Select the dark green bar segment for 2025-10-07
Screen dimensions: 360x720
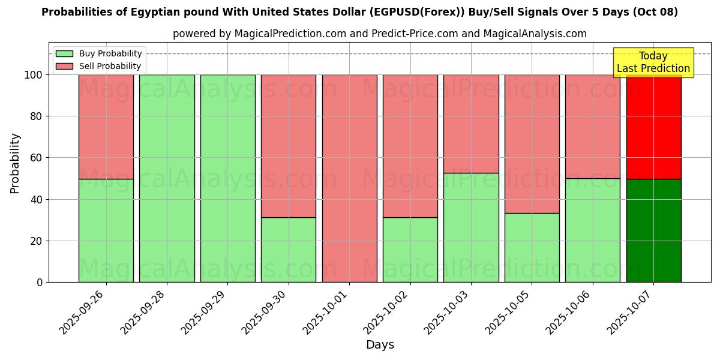tap(653, 230)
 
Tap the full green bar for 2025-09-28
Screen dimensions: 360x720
tap(167, 178)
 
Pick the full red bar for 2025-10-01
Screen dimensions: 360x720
tap(349, 178)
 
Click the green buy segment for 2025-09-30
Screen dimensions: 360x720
tap(288, 250)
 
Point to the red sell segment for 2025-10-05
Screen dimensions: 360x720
tap(532, 144)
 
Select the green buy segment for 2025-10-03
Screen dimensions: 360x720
tap(471, 227)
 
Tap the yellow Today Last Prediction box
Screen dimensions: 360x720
tap(653, 62)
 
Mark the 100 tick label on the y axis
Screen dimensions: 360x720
tap(33, 75)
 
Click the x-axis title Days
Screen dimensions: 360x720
tap(380, 345)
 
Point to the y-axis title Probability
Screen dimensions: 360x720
tap(15, 163)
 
